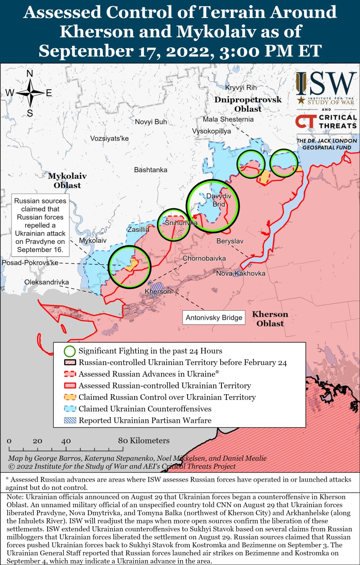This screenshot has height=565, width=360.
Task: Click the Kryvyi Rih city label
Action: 240,87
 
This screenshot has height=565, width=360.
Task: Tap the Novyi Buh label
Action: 151,122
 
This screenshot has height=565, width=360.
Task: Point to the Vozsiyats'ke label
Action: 109,138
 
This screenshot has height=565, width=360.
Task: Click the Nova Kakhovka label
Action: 240,274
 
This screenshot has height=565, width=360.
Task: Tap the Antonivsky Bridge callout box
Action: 214,317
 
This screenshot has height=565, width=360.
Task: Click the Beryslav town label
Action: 230,241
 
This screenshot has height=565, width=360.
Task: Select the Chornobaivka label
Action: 204,258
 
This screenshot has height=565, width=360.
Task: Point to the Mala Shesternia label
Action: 228,119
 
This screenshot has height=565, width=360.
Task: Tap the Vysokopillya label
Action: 211,132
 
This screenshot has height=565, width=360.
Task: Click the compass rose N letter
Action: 30,74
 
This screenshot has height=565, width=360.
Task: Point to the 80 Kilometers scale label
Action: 143,441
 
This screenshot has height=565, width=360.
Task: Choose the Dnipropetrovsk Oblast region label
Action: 248,104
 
